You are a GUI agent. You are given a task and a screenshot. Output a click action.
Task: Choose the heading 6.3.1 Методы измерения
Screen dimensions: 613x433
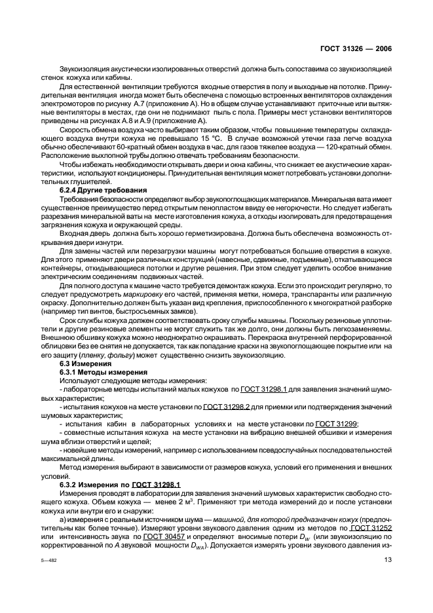(102, 371)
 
